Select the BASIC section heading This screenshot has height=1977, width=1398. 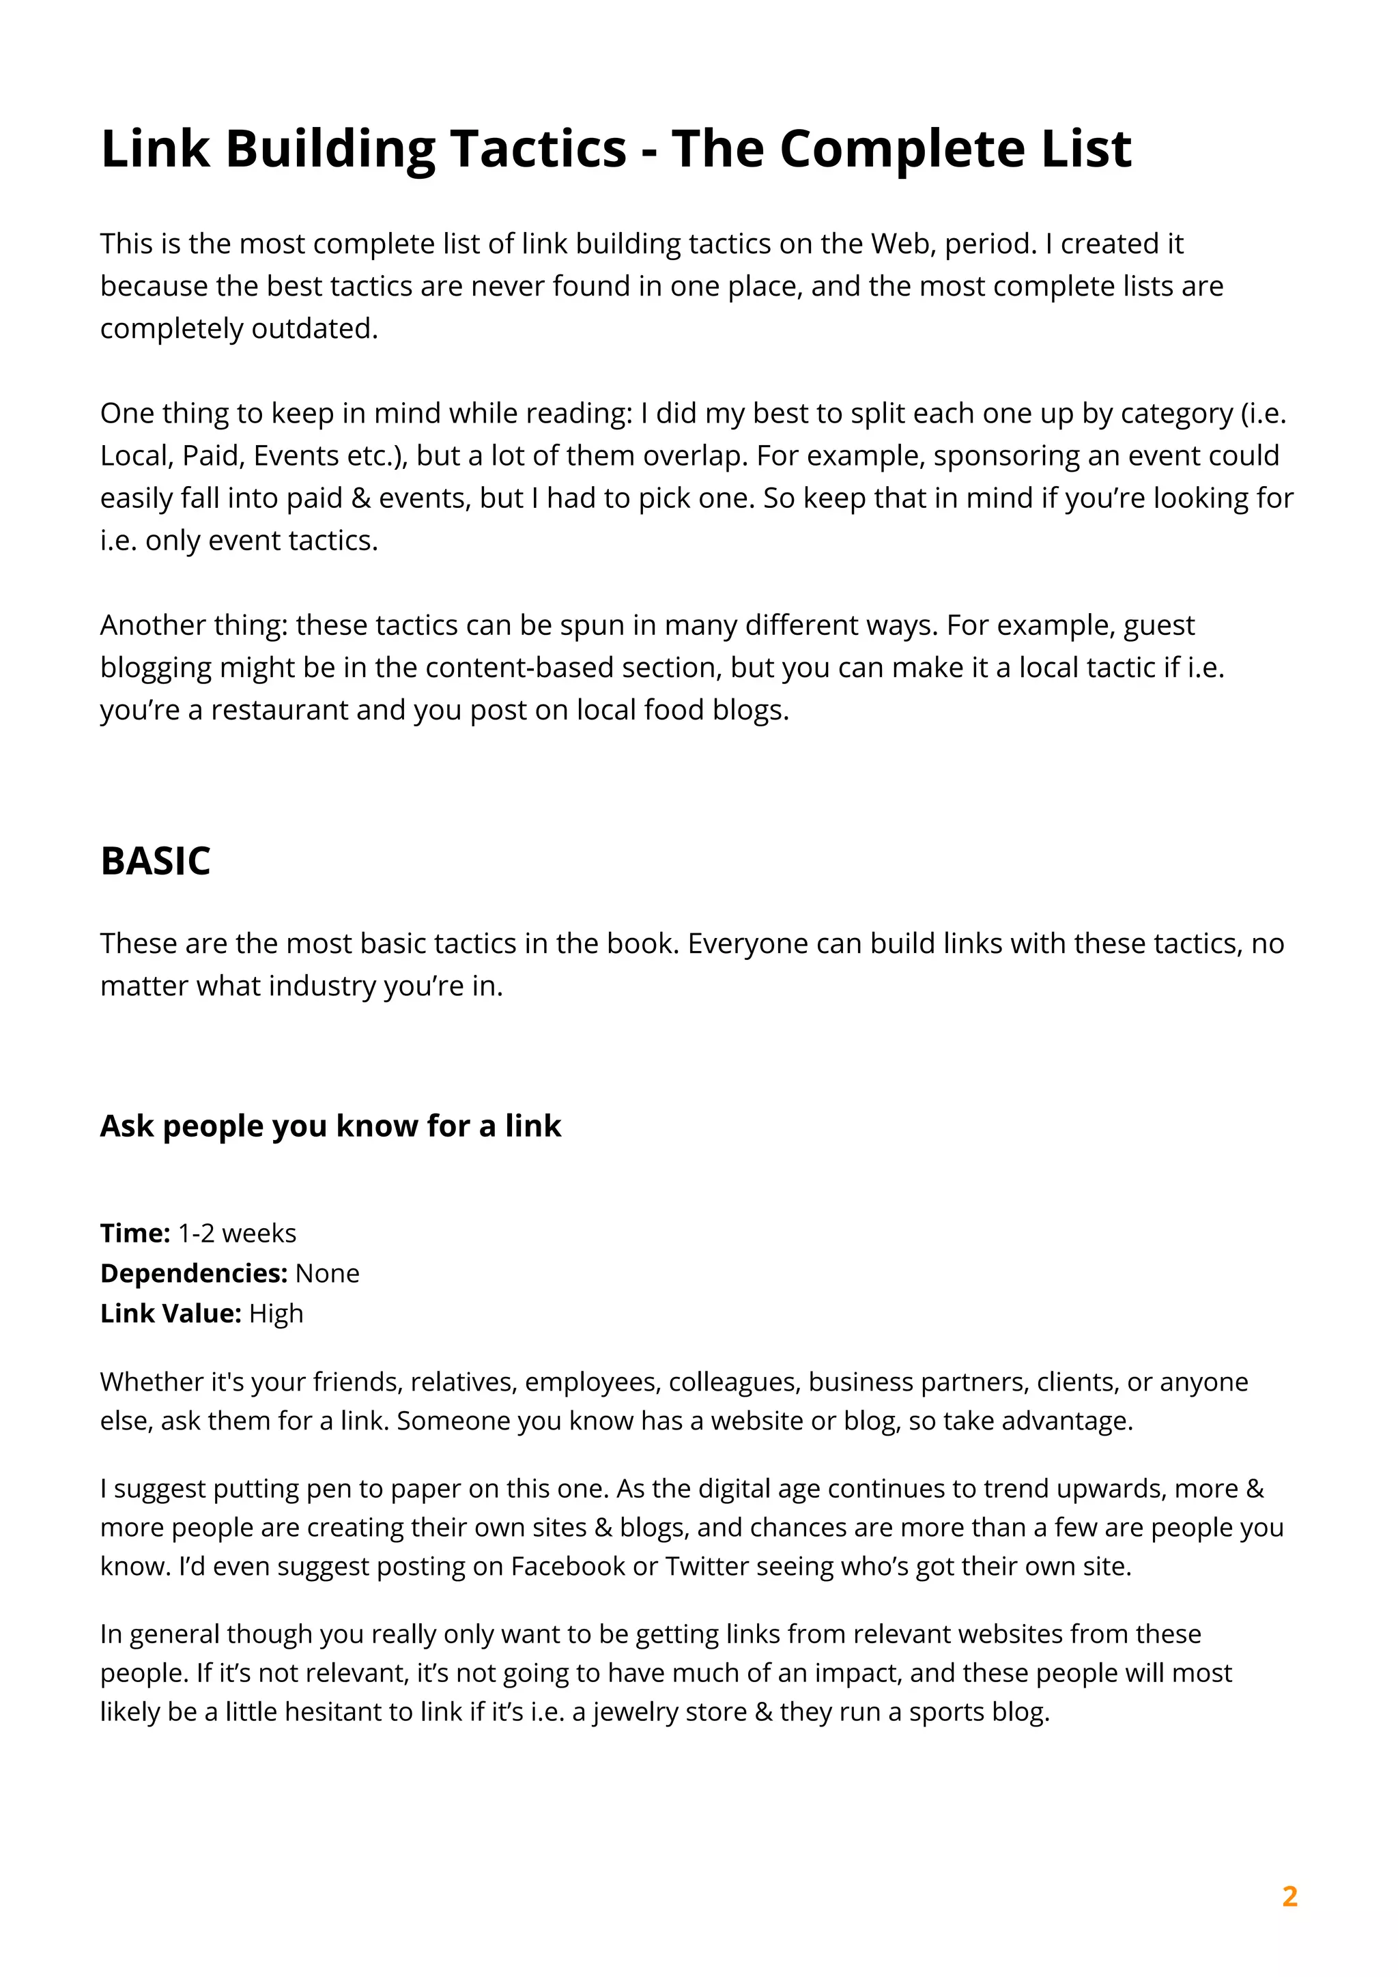(155, 861)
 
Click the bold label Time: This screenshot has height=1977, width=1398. (135, 1233)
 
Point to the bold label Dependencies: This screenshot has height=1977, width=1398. (194, 1272)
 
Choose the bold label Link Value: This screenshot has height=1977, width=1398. (171, 1313)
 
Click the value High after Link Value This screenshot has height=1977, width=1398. (276, 1313)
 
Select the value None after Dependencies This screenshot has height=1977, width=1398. (327, 1272)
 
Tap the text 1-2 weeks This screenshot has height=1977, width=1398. (237, 1233)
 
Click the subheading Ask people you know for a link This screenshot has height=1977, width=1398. (330, 1126)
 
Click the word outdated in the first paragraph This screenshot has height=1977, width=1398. (314, 328)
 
